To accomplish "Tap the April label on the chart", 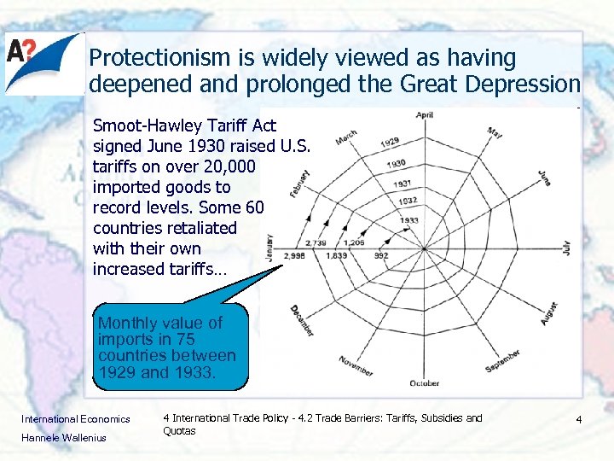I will pos(424,115).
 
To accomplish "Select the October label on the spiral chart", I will pos(424,382).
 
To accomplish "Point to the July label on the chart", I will pos(565,248).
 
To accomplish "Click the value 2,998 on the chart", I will pos(295,256).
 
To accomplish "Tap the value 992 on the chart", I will pos(380,256).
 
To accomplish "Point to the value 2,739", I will pos(316,243).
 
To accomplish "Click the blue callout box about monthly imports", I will pos(170,347).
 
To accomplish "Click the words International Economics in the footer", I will pos(75,418).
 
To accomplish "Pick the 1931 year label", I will pos(403,184).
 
